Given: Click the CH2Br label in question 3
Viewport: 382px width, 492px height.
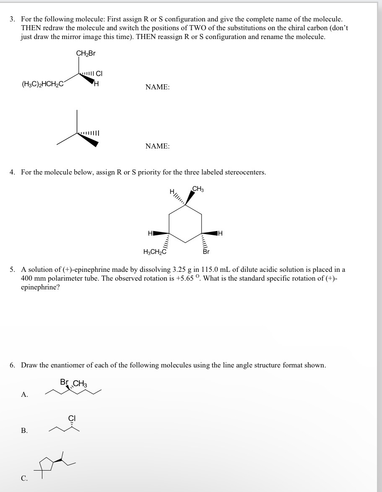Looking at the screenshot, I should [86, 53].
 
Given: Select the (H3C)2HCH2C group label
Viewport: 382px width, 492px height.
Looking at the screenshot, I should [42, 83].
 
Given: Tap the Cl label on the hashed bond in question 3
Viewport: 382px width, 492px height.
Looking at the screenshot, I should [99, 74].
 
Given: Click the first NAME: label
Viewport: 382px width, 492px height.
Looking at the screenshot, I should [157, 87].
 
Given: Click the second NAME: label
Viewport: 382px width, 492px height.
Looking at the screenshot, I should [157, 146].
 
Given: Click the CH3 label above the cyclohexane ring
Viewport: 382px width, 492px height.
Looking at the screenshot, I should [198, 189].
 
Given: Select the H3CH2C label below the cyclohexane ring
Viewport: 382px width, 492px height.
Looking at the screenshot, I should [155, 252].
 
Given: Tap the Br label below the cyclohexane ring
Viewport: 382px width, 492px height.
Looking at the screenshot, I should [206, 252].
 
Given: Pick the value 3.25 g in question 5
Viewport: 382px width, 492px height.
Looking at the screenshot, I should [182, 269].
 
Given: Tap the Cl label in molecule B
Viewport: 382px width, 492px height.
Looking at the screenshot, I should [72, 418].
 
